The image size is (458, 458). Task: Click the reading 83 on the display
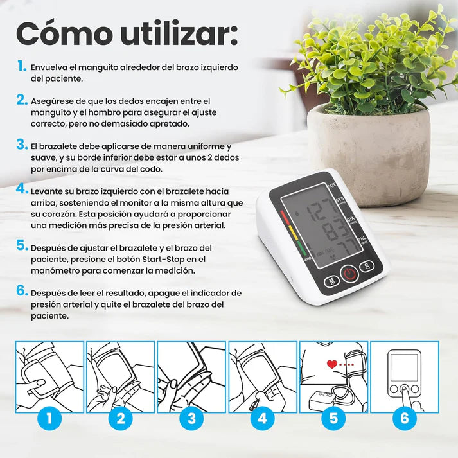click(x=333, y=230)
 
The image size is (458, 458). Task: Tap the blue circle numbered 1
click(x=50, y=419)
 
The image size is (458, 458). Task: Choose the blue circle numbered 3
click(x=191, y=419)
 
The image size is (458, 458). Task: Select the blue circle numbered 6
click(x=404, y=419)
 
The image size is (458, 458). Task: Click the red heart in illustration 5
click(x=331, y=364)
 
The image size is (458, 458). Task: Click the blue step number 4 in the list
click(x=22, y=189)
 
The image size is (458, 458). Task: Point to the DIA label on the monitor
click(x=350, y=218)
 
